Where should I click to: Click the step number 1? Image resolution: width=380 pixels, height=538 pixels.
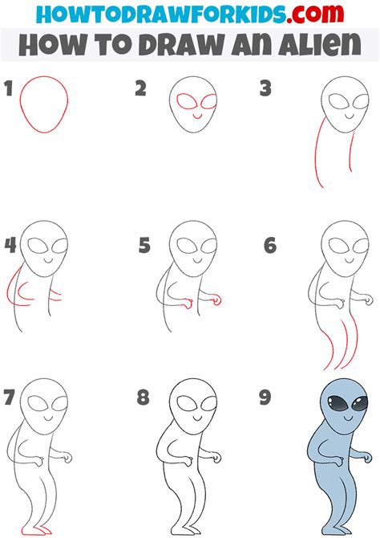coord(9,89)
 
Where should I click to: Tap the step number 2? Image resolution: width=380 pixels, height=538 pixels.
coord(140,89)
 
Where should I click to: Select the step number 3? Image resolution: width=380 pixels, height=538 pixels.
coord(265,89)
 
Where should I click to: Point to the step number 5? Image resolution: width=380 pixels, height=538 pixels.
coord(144,246)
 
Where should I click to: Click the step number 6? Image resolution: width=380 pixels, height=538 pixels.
coord(270,246)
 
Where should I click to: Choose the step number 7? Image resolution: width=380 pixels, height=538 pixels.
coord(10,397)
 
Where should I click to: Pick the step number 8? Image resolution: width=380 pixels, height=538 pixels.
coord(144,397)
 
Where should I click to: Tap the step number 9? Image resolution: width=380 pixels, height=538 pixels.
coord(269,397)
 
